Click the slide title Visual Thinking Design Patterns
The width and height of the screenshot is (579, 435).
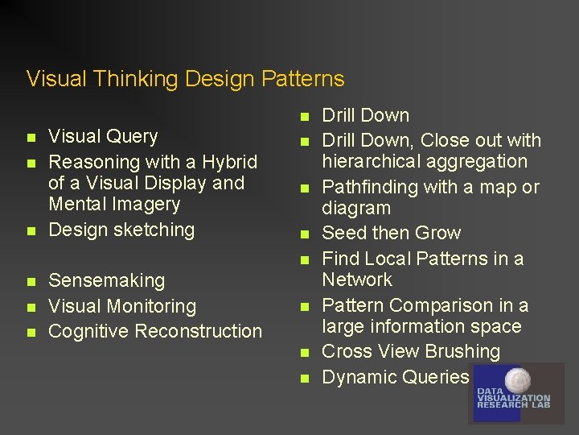[x=185, y=79]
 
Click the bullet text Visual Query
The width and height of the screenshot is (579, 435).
[x=103, y=136]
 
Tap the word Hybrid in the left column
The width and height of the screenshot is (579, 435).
[x=230, y=162]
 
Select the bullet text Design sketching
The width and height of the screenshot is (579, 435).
[x=121, y=230]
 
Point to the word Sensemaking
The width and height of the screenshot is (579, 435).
[x=106, y=281]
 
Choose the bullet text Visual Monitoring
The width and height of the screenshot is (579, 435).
[x=122, y=306]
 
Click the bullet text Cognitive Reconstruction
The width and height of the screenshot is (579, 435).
[x=155, y=331]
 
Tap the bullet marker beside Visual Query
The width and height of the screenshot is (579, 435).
[x=31, y=137]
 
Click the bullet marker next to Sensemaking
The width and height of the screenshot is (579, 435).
[x=31, y=282]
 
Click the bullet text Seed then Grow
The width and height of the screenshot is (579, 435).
[x=391, y=233]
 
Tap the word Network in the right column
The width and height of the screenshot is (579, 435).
[x=357, y=280]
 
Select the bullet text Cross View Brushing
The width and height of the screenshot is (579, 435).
[x=411, y=351]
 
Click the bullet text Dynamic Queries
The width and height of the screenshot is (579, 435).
[x=395, y=377]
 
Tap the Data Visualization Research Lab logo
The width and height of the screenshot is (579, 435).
[x=515, y=392]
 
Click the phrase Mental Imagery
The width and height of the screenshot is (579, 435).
[x=114, y=204]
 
